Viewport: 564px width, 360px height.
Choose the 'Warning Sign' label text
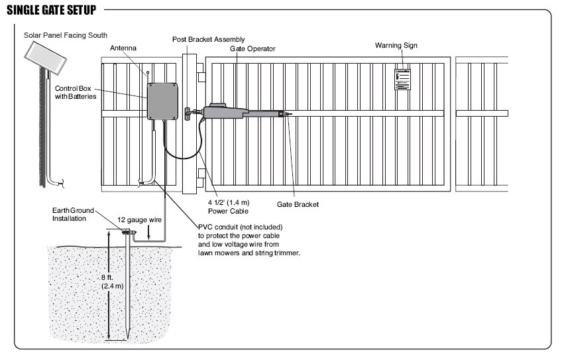click(x=396, y=45)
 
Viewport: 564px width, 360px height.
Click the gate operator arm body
click(x=225, y=111)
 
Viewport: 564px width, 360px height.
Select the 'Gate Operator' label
click(x=252, y=48)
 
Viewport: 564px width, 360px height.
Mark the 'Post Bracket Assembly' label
click(x=203, y=39)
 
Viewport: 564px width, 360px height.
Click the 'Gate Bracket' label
click(x=297, y=205)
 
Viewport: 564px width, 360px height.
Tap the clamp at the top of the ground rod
click(x=126, y=231)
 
